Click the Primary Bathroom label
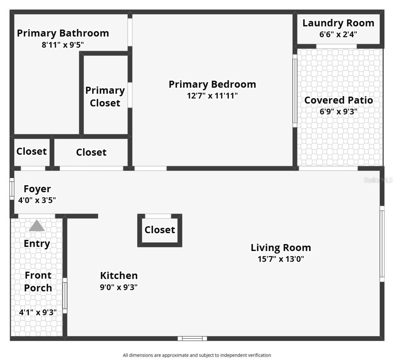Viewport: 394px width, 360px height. click(x=63, y=33)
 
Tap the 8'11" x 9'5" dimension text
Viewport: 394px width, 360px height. click(x=63, y=45)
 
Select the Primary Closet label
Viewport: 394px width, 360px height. click(x=105, y=97)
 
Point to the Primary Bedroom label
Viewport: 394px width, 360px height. click(x=212, y=84)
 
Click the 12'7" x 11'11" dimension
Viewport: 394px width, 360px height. click(x=212, y=96)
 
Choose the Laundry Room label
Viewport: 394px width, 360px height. click(x=338, y=23)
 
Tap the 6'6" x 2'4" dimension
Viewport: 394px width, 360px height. click(x=338, y=34)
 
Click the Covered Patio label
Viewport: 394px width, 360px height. click(x=338, y=100)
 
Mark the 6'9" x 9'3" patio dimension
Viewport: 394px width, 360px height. click(x=338, y=111)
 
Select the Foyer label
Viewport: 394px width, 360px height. click(x=37, y=189)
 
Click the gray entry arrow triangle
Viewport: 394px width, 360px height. click(x=37, y=226)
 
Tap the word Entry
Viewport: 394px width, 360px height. click(x=37, y=243)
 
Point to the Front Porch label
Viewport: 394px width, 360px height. click(x=38, y=282)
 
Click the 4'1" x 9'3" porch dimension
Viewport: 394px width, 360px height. click(x=38, y=312)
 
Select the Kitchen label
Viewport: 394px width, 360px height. click(x=119, y=275)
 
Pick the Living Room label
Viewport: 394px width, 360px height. click(x=281, y=248)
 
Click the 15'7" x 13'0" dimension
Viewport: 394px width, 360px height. click(x=281, y=259)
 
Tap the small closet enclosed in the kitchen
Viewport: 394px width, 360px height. click(x=160, y=230)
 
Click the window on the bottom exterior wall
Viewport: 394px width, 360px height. click(x=192, y=338)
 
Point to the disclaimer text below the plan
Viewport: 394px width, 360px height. click(x=197, y=355)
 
